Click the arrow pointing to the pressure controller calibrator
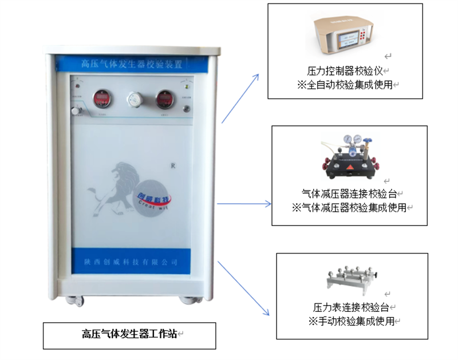point(240,98)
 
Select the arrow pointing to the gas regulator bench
point(243,203)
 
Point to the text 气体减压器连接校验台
point(349,194)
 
